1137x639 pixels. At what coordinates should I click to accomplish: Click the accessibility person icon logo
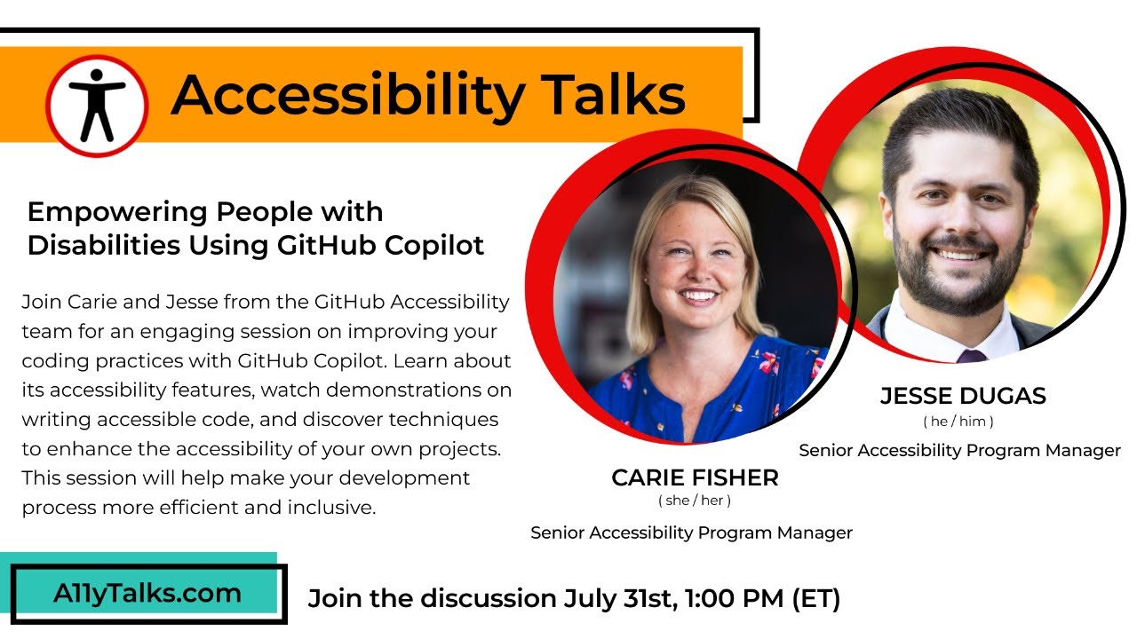pos(97,106)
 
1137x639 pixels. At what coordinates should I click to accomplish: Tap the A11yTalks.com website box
pos(147,594)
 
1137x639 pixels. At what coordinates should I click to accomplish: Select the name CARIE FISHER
pos(695,477)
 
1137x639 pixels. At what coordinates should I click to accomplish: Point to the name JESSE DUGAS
pos(963,396)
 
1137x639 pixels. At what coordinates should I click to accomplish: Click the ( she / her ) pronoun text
pos(695,501)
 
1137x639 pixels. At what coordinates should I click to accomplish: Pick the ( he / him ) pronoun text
pos(958,422)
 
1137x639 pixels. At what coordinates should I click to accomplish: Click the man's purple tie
pos(972,355)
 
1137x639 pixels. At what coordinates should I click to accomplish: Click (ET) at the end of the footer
pos(815,598)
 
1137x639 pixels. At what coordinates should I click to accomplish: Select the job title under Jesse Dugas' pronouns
pos(959,451)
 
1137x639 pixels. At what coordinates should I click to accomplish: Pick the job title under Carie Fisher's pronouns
pos(691,532)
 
